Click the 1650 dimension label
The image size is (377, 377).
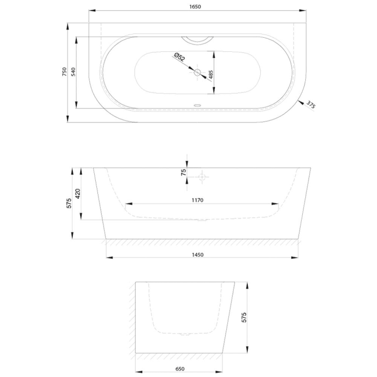[195, 6]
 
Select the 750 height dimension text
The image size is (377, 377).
[64, 72]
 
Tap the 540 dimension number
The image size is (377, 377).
[73, 72]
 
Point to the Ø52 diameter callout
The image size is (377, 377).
[179, 57]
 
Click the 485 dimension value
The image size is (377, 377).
[211, 74]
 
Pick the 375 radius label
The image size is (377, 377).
[310, 105]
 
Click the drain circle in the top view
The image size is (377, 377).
[198, 72]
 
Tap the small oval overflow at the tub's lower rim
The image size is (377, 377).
[198, 105]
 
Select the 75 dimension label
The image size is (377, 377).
[184, 172]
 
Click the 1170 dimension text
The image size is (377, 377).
[198, 200]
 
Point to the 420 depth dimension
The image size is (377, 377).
[78, 194]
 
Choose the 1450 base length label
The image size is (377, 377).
[198, 255]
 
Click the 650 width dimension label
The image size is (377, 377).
[180, 369]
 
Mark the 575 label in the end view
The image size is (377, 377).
[244, 317]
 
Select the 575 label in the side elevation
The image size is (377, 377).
[69, 203]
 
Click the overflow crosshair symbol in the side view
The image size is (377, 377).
[202, 177]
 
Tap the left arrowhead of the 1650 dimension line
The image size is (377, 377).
[92, 11]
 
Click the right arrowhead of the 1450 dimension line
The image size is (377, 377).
[295, 257]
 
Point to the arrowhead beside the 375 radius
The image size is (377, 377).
[300, 102]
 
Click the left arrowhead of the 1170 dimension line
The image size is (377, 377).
[129, 204]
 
